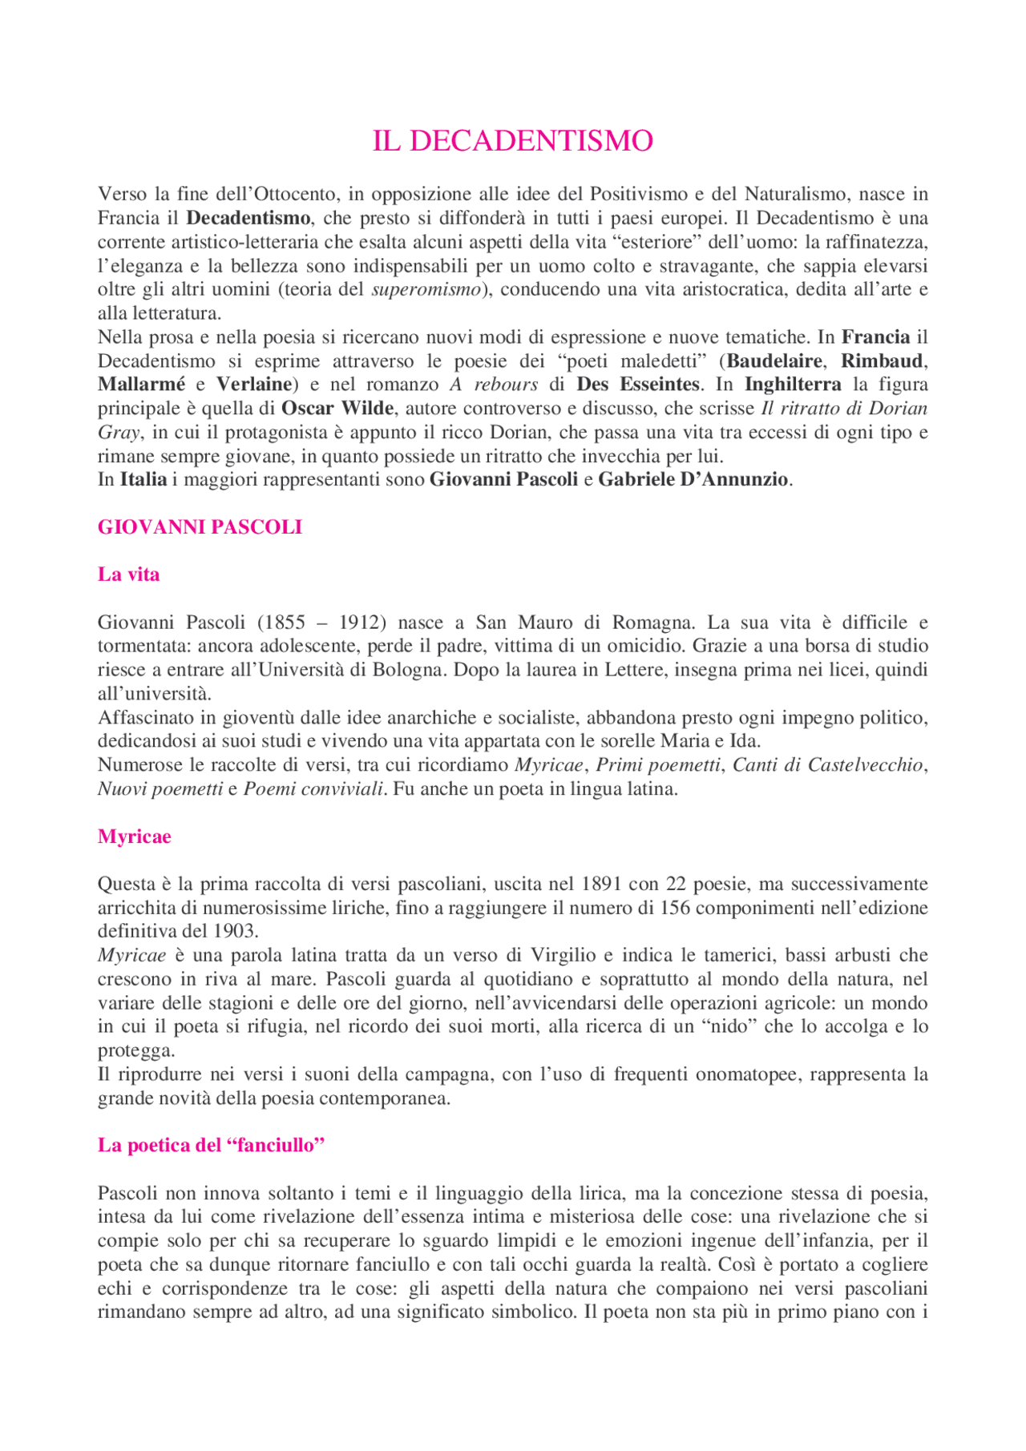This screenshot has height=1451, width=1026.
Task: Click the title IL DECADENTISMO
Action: pos(512,141)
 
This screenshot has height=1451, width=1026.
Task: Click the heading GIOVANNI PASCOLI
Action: pos(200,527)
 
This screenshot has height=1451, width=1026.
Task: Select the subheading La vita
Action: pos(128,574)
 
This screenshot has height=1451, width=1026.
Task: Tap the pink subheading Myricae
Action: pos(134,836)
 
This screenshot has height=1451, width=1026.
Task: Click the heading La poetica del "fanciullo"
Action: pos(211,1145)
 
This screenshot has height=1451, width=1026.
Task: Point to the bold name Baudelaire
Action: pos(774,361)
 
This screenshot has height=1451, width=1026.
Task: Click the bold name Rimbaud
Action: pos(882,361)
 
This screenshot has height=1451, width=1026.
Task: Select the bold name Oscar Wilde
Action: pos(337,409)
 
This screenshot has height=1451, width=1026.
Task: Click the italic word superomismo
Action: pos(426,290)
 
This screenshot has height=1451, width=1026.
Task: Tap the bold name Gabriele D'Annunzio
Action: pos(693,480)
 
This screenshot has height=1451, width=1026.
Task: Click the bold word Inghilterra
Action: pos(793,385)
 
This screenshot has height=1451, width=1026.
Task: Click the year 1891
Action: pos(602,885)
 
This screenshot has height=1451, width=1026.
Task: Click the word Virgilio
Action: pos(563,955)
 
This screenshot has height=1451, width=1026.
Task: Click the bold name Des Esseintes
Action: pos(640,385)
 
